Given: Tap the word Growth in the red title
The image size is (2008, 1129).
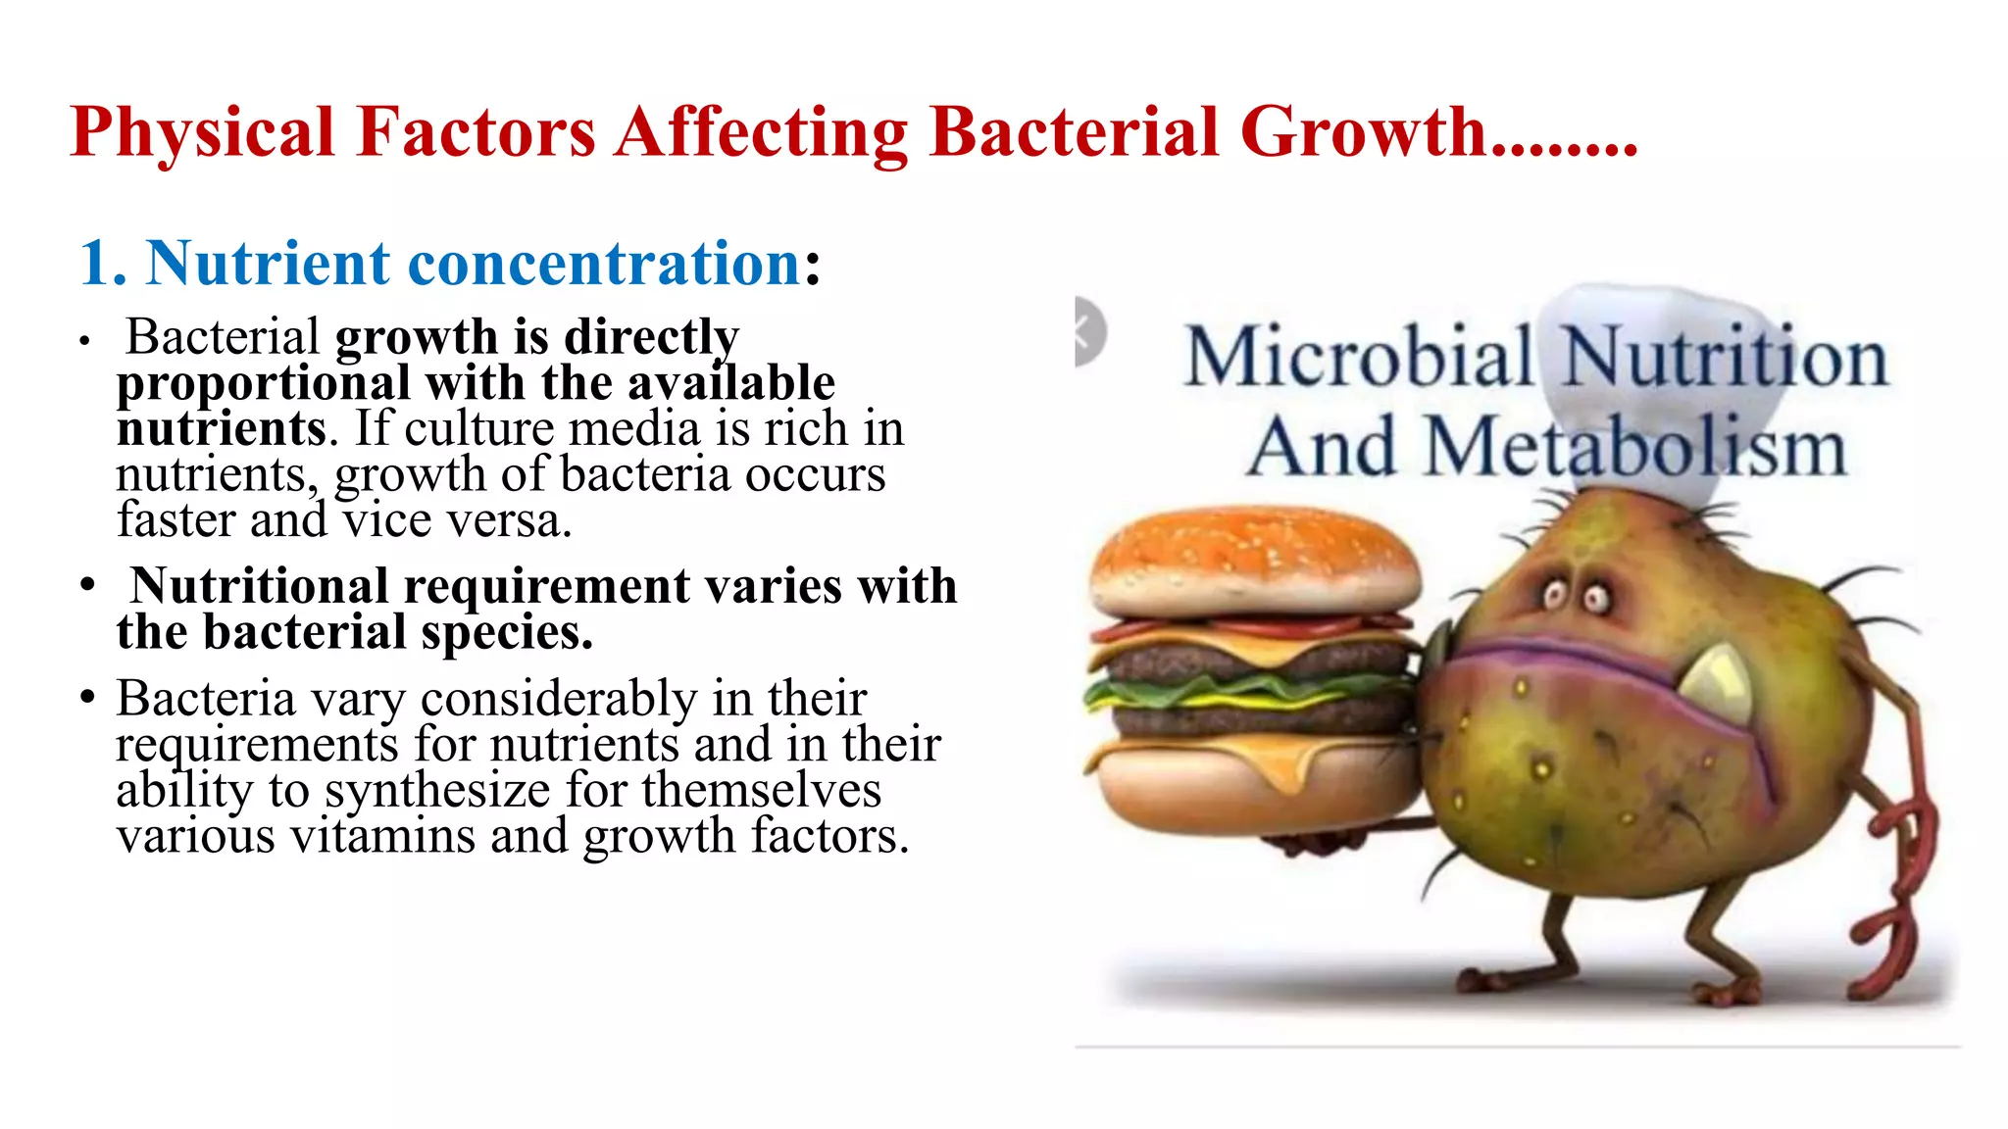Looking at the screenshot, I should click(1363, 132).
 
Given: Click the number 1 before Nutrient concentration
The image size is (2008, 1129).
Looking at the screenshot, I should click(96, 264).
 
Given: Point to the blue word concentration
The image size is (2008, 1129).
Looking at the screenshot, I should click(605, 264).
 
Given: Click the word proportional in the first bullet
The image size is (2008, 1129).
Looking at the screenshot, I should click(264, 383).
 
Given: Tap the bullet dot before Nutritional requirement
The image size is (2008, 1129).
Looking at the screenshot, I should click(88, 586).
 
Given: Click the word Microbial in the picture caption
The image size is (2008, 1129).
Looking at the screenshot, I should click(1358, 357).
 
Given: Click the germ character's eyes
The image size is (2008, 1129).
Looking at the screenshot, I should click(1575, 595).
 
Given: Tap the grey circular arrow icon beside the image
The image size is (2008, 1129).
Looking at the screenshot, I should click(1088, 331).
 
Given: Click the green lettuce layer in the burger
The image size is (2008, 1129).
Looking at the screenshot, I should click(1245, 692).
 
